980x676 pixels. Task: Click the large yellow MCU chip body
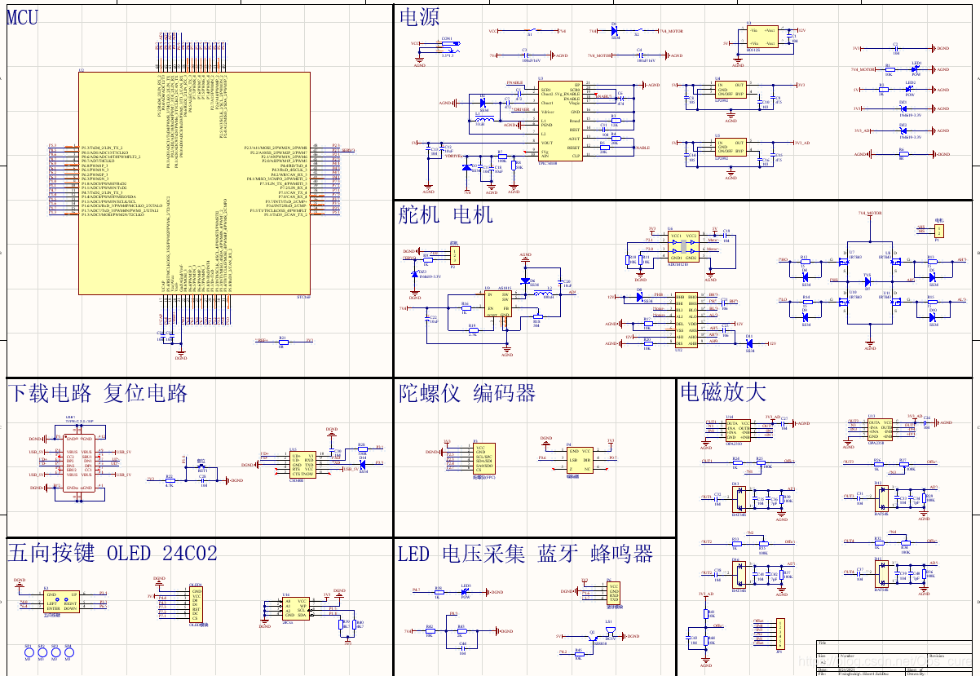[194, 183]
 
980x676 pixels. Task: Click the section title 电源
[419, 17]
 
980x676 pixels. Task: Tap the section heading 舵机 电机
[446, 214]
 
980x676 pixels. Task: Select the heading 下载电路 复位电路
[98, 393]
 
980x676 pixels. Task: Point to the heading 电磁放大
[722, 391]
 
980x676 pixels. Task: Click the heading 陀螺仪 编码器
[467, 394]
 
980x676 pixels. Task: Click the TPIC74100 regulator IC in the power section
[560, 120]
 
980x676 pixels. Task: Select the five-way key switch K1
[61, 602]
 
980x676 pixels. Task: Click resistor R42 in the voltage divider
[430, 631]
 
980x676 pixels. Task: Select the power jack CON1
[447, 46]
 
